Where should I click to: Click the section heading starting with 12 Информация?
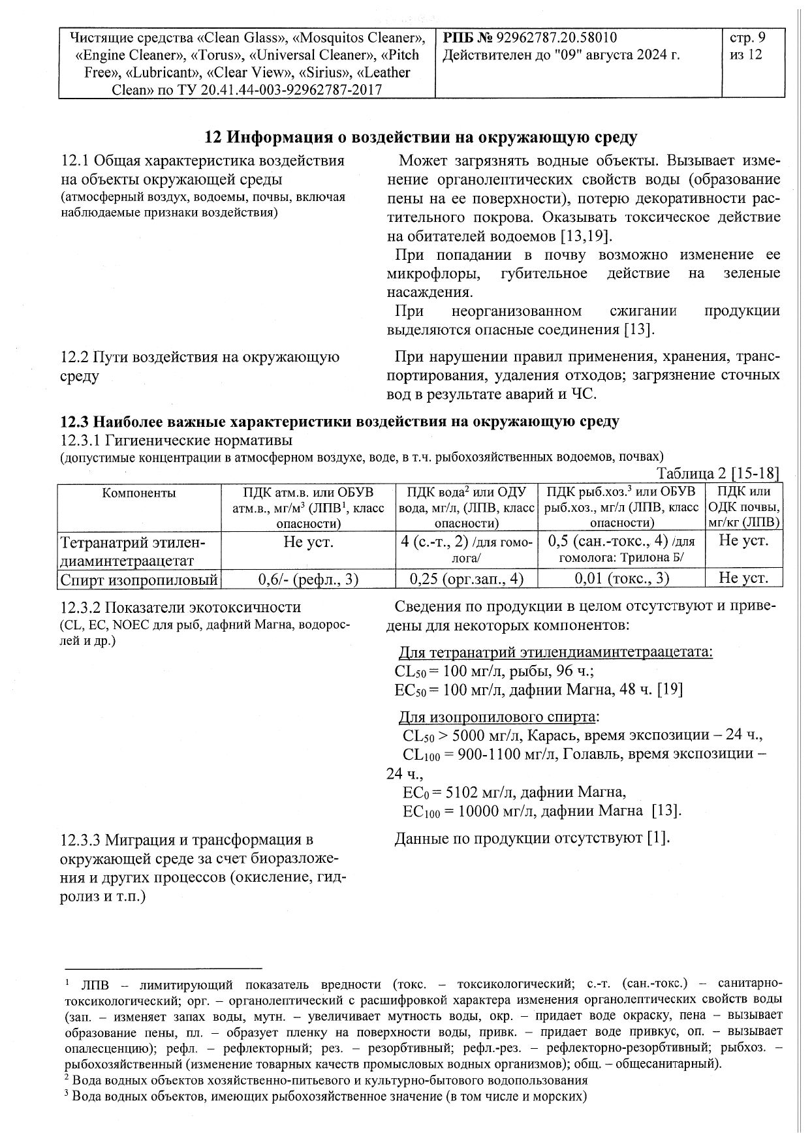point(421,137)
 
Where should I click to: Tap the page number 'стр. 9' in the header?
point(747,38)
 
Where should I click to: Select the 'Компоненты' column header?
point(139,493)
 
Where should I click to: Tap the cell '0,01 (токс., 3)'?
point(622,578)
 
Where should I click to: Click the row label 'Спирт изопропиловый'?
point(139,579)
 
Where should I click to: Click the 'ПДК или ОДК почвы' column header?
point(743,507)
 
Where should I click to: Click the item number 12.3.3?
point(81,839)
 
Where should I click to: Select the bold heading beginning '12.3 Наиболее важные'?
point(339,422)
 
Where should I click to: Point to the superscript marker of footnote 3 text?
point(67,1096)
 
